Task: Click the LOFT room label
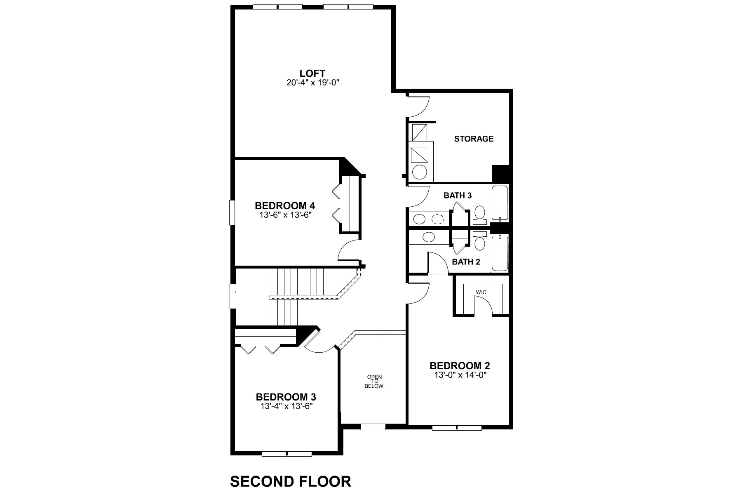point(312,73)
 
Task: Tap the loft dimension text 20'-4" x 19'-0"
point(312,83)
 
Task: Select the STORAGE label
point(474,139)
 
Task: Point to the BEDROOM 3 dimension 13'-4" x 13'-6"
point(286,406)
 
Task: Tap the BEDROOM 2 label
point(460,366)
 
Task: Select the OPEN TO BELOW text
point(374,382)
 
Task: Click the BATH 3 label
point(457,196)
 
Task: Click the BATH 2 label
point(466,262)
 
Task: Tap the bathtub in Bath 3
point(499,203)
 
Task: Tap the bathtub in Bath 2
point(499,253)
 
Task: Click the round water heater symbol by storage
point(419,172)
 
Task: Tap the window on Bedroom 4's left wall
point(232,212)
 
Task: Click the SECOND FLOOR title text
point(291,481)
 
